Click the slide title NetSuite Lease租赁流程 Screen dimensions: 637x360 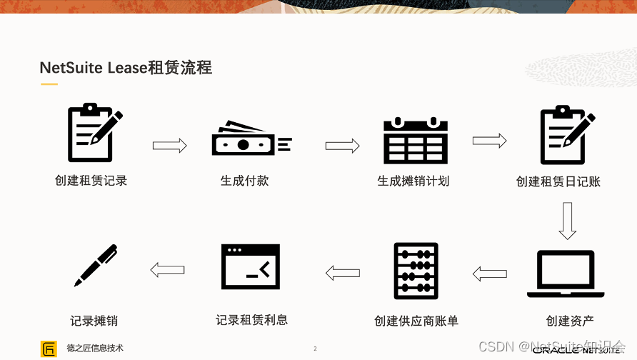click(126, 68)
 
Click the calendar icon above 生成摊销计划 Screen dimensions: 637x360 click(415, 140)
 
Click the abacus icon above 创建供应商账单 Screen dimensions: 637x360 click(416, 271)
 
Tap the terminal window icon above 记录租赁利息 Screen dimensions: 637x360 click(250, 271)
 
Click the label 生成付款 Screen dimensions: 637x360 click(244, 181)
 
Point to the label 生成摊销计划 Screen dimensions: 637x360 click(413, 181)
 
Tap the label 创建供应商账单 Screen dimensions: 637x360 click(416, 321)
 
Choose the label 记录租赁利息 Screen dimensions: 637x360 click(251, 320)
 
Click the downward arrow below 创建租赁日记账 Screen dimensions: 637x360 click(567, 221)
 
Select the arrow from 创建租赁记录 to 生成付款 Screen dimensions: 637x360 click(169, 146)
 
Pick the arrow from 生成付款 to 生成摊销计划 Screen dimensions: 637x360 click(342, 146)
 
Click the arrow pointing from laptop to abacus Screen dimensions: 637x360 click(489, 274)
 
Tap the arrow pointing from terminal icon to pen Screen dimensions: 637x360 click(167, 269)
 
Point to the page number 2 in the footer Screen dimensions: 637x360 click(315, 349)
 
